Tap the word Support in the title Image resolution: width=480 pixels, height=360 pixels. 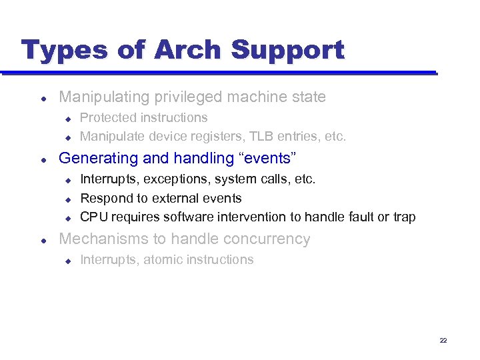click(287, 50)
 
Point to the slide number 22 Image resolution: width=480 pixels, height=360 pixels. click(443, 341)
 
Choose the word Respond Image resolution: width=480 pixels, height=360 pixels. click(107, 199)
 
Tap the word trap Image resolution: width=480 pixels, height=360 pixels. click(403, 217)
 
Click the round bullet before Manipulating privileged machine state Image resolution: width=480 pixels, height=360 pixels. click(43, 98)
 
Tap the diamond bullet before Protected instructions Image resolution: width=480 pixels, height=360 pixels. click(67, 119)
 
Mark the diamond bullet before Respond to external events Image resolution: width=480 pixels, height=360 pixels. click(67, 199)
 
